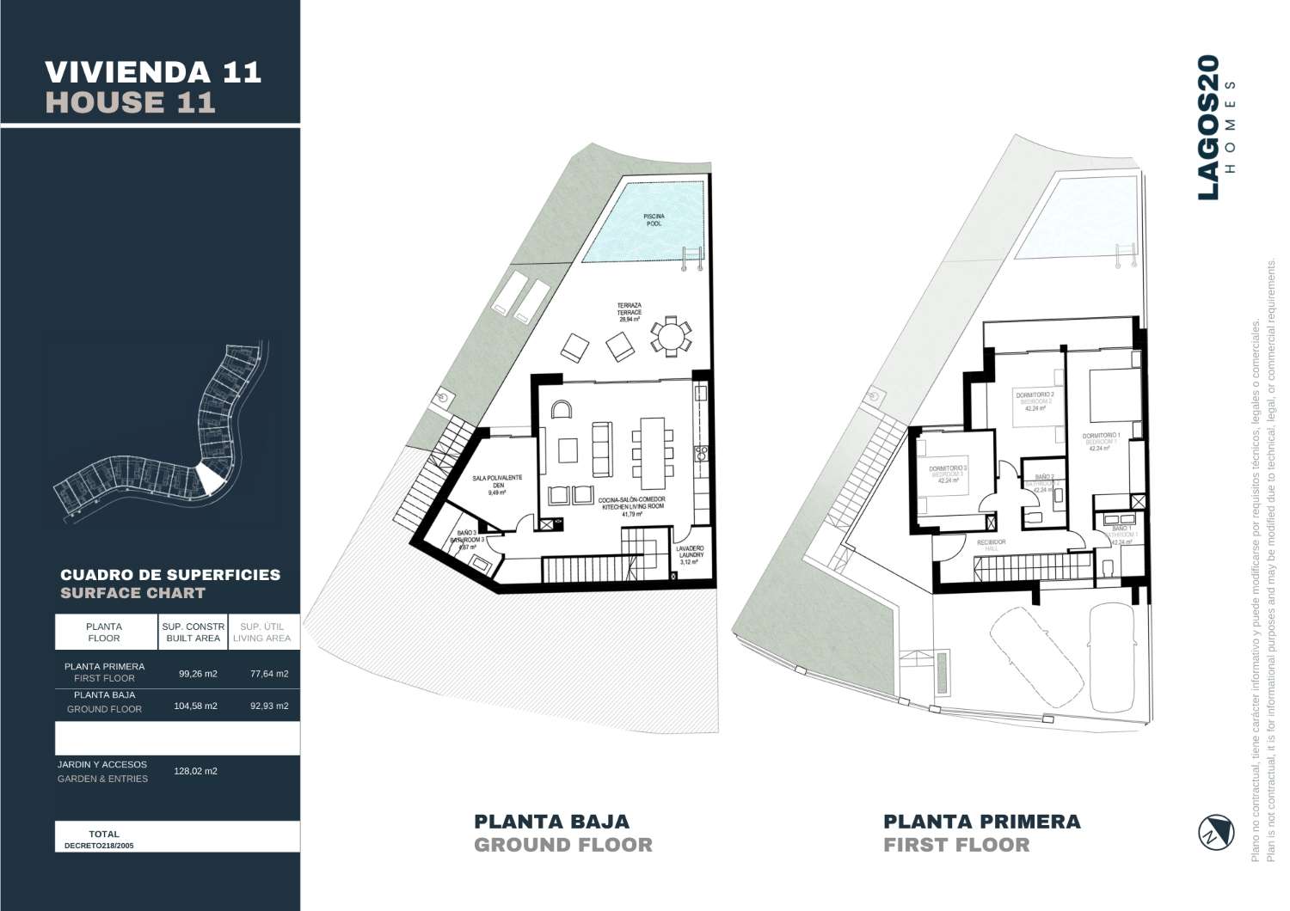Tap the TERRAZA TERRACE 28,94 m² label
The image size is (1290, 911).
tap(629, 311)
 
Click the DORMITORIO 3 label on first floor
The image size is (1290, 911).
tap(948, 474)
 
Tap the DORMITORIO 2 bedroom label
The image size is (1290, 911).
tap(1034, 400)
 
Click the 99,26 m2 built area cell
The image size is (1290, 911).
tap(198, 674)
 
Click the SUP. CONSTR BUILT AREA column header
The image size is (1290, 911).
tap(193, 633)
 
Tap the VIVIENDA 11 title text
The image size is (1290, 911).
tap(152, 71)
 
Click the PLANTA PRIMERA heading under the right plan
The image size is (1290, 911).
tap(981, 822)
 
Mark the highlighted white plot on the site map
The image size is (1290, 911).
tap(209, 478)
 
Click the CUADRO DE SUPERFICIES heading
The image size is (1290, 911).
tap(170, 575)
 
